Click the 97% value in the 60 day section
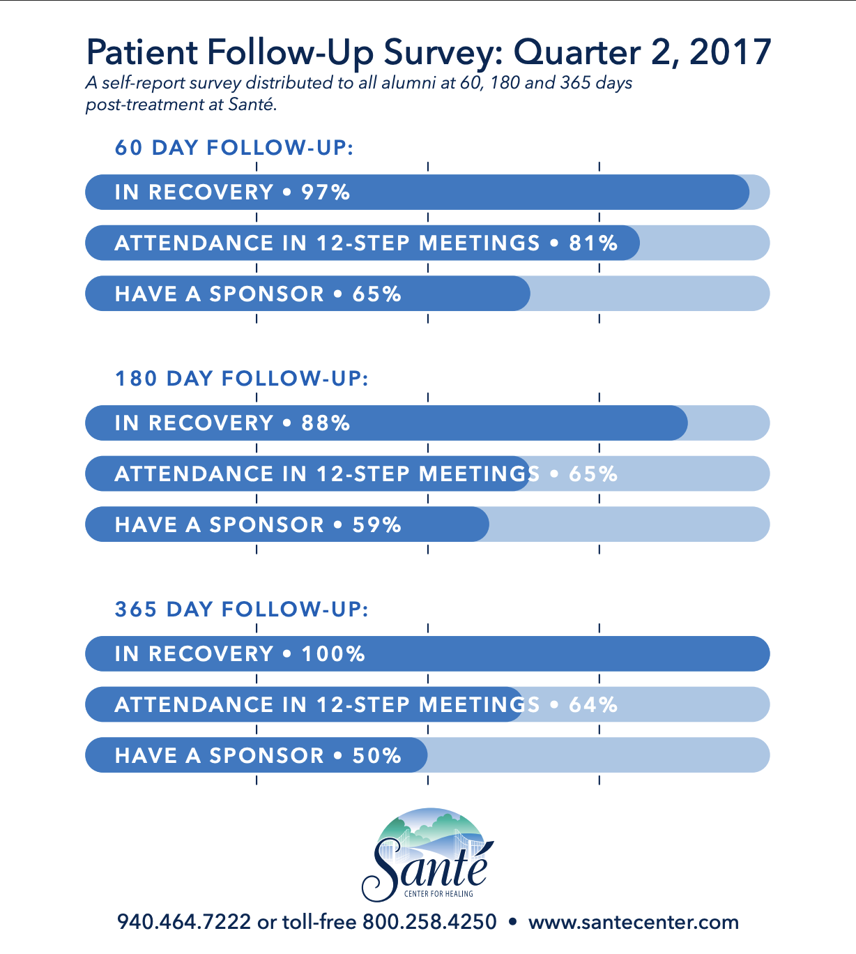[326, 192]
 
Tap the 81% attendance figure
[593, 243]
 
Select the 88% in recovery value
[326, 423]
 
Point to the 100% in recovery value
[333, 654]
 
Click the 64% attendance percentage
[593, 705]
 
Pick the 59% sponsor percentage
[376, 525]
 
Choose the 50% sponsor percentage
[376, 756]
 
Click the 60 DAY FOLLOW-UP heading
[234, 148]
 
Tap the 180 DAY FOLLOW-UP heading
[241, 379]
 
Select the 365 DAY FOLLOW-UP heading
[241, 609]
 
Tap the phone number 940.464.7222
[184, 922]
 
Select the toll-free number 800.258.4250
[429, 922]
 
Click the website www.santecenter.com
[633, 922]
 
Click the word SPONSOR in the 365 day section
[267, 756]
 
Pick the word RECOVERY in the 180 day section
[211, 423]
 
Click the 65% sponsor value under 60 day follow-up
[376, 294]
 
